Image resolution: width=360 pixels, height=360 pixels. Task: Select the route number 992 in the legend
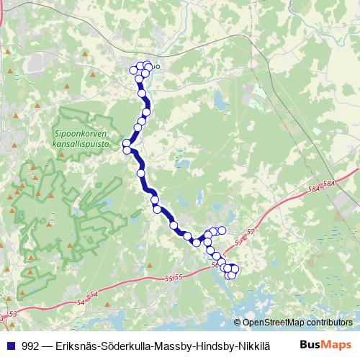tap(31, 346)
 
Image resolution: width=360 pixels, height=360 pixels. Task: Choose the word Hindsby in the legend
tap(210, 346)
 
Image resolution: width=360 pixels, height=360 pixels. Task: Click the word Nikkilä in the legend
tap(248, 346)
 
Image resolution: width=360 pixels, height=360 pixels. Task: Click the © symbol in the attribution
tap(238, 323)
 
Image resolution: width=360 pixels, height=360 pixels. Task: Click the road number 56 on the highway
tap(216, 264)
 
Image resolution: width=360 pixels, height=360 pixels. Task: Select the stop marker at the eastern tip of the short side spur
tap(222, 230)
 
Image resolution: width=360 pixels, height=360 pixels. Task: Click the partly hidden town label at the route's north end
tap(156, 68)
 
